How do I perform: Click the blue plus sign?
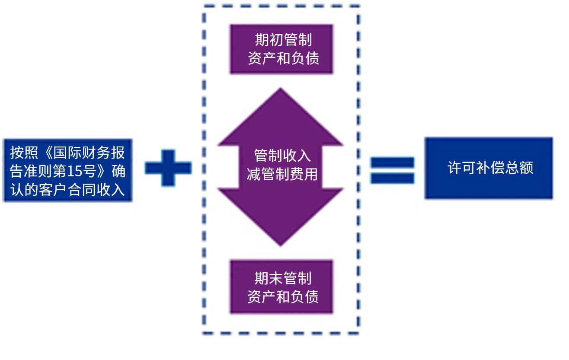pyautogui.click(x=168, y=168)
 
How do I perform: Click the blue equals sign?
pyautogui.click(x=392, y=170)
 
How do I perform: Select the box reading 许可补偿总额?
pyautogui.click(x=489, y=168)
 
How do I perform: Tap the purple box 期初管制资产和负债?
pyautogui.click(x=281, y=49)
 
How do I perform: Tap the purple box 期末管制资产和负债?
pyautogui.click(x=281, y=287)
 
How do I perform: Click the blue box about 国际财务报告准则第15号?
pyautogui.click(x=68, y=170)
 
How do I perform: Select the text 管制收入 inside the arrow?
pyautogui.click(x=282, y=156)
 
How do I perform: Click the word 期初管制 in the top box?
pyautogui.click(x=283, y=40)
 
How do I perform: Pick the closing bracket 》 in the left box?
pyautogui.click(x=105, y=172)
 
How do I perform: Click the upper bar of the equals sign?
pyautogui.click(x=392, y=163)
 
